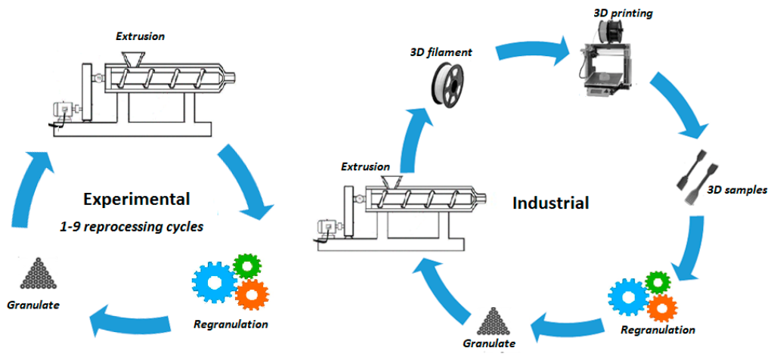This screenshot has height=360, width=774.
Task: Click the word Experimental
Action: coord(137,200)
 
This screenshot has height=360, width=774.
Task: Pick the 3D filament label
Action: coord(440,52)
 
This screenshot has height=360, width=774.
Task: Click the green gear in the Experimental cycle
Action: coord(246,265)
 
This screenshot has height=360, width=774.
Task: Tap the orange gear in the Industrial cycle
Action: coord(661,307)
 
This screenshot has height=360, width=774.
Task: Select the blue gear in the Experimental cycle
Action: coord(214,284)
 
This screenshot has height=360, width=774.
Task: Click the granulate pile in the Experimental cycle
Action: coord(33,274)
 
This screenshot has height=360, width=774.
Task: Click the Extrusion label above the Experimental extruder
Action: coord(140,36)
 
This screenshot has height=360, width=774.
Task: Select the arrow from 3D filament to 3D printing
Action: coord(532,54)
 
